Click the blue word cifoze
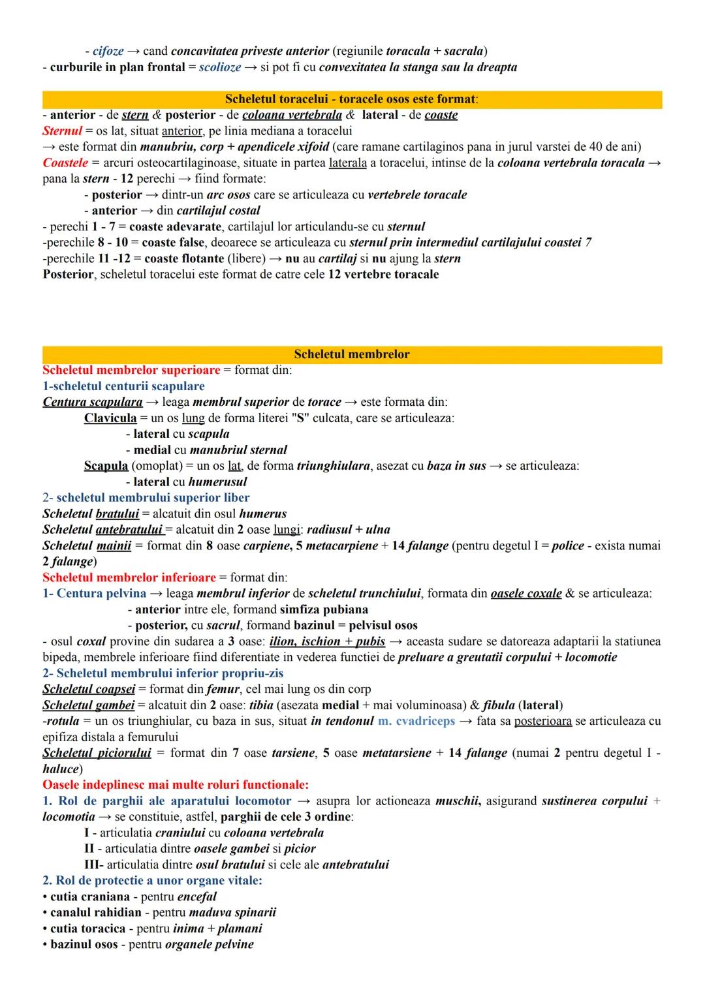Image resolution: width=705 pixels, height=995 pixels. click(108, 51)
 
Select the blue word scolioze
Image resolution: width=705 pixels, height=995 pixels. click(220, 67)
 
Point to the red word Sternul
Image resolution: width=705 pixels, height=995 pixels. click(62, 131)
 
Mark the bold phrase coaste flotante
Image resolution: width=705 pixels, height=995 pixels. click(185, 258)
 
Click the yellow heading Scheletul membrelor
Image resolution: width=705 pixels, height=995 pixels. click(351, 354)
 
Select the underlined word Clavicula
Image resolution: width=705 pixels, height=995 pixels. click(110, 418)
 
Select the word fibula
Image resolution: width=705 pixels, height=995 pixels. click(499, 705)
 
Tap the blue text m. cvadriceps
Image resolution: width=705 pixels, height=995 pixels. click(416, 721)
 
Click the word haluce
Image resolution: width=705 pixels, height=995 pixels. click(60, 769)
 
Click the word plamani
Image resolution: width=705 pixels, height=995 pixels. click(240, 928)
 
